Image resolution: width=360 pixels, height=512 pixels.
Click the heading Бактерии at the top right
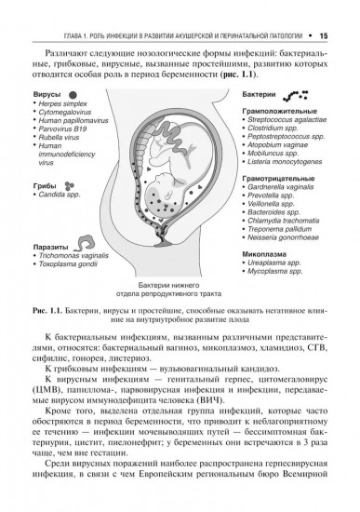pos(258,96)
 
